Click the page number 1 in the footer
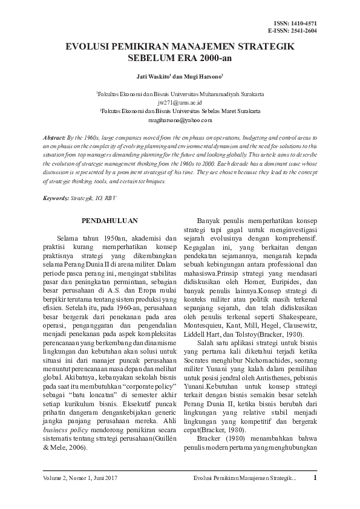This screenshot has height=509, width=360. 315,478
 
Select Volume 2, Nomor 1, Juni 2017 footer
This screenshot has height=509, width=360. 80,479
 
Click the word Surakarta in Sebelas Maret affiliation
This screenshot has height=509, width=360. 246,112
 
